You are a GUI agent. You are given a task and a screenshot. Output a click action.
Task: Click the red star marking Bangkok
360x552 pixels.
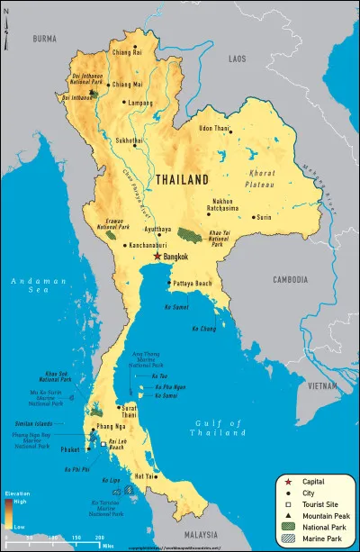157,257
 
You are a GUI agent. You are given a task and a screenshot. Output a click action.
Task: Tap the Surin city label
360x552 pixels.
264,217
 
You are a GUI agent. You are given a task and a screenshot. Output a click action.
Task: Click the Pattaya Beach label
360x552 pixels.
194,284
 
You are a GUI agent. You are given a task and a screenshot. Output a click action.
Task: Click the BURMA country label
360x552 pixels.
44,40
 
